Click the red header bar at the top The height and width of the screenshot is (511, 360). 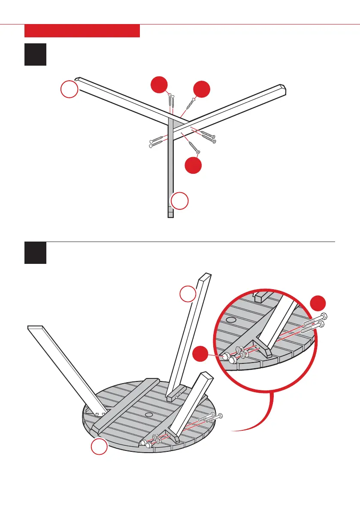pyautogui.click(x=82, y=31)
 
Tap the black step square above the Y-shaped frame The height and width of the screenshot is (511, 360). pyautogui.click(x=36, y=54)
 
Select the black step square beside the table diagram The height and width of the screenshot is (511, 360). pyautogui.click(x=36, y=253)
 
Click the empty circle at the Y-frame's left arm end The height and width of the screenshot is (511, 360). pyautogui.click(x=69, y=90)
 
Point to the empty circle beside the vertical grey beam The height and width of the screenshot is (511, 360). pyautogui.click(x=180, y=201)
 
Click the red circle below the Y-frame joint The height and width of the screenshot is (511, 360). pyautogui.click(x=194, y=165)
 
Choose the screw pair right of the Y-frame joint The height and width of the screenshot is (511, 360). pyautogui.click(x=206, y=135)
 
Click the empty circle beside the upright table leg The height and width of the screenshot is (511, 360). pyautogui.click(x=188, y=295)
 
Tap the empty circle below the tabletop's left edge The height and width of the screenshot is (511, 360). pyautogui.click(x=99, y=448)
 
